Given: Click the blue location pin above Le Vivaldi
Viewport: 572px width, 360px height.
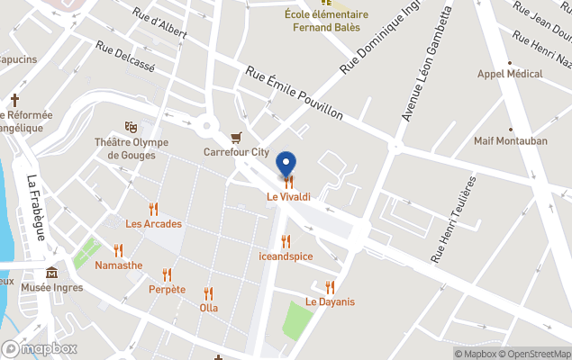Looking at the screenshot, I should [x=286, y=165].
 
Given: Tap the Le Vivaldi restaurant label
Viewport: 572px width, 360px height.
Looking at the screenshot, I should [x=288, y=196].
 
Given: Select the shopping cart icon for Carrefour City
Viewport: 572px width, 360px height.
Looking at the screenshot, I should [x=236, y=138].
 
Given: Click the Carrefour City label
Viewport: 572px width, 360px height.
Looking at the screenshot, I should [x=236, y=152].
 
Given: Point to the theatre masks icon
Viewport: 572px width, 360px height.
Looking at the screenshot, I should [x=131, y=128].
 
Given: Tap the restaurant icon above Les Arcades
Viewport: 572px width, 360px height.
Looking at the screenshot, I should [x=153, y=209].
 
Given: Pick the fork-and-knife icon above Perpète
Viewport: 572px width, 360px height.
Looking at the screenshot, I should [x=167, y=274].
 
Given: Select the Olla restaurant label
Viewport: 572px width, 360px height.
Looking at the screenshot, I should [x=209, y=307].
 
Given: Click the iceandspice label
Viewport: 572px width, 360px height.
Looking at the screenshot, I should [x=286, y=256].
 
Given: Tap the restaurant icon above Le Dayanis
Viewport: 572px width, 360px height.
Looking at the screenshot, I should [x=330, y=287].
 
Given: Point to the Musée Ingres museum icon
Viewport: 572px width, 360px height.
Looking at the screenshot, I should [x=51, y=273].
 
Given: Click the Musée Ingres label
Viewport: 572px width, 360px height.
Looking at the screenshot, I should [x=51, y=288].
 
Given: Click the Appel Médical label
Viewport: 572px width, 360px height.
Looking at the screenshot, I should [x=509, y=76].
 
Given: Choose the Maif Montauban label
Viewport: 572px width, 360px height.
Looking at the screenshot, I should [x=511, y=141].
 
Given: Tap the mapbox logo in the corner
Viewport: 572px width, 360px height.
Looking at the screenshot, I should [x=40, y=348].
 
